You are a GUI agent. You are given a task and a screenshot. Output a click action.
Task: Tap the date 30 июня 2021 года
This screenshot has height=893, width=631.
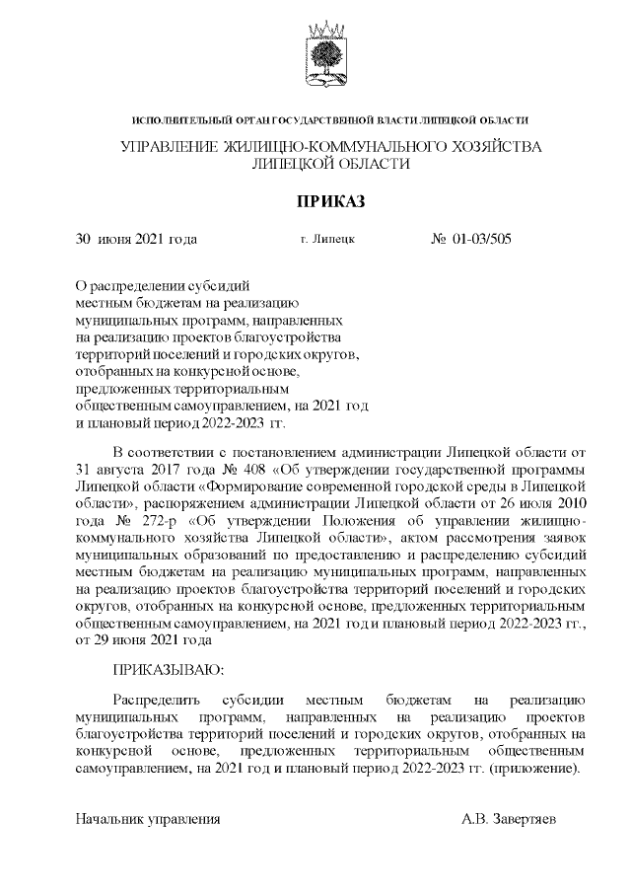click(x=137, y=239)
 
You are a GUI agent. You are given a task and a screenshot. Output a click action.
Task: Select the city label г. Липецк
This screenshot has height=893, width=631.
click(x=326, y=239)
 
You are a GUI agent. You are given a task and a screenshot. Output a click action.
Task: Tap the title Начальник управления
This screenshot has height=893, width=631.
click(x=148, y=819)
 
